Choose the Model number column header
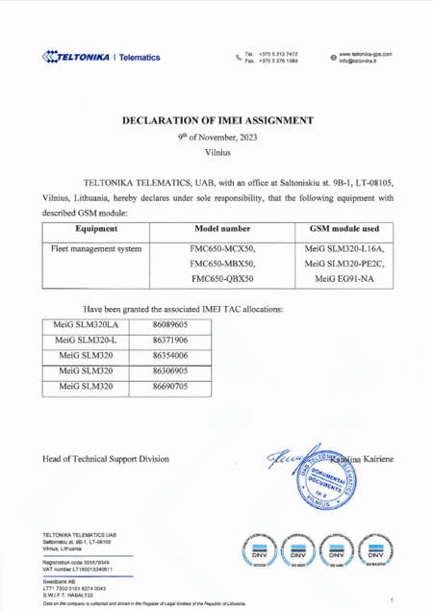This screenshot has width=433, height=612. (x=219, y=229)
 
